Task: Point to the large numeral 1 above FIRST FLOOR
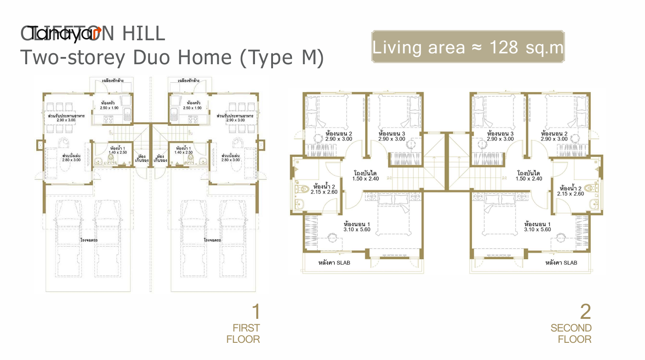(255, 312)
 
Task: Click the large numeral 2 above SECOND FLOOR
(585, 312)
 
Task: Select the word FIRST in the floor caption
(246, 328)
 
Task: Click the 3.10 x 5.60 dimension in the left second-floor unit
(357, 230)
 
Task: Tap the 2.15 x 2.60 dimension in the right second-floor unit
(572, 194)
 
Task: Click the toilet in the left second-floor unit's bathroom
(300, 187)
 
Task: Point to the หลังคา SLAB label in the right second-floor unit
(561, 263)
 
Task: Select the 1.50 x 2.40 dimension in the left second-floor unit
(366, 179)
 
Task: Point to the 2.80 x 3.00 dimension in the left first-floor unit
(71, 160)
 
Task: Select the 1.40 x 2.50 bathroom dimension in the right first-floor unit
(184, 153)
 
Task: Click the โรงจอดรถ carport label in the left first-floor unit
(89, 240)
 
